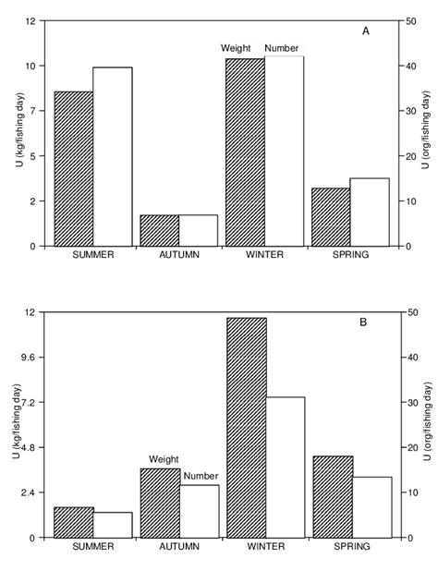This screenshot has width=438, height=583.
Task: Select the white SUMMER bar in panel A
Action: click(x=113, y=156)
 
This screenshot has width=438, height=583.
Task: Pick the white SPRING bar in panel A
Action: click(x=369, y=212)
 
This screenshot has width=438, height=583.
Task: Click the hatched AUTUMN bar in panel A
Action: click(x=159, y=230)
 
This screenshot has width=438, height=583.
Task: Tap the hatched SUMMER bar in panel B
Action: click(x=74, y=522)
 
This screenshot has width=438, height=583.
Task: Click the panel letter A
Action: click(x=366, y=31)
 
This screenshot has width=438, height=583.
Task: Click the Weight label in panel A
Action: click(x=237, y=48)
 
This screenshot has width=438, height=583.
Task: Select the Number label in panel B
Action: click(x=200, y=477)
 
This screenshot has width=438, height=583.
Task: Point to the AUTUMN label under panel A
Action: click(x=179, y=255)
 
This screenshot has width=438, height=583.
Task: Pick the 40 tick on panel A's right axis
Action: click(x=408, y=66)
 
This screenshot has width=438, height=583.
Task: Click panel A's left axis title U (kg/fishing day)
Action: click(x=18, y=133)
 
